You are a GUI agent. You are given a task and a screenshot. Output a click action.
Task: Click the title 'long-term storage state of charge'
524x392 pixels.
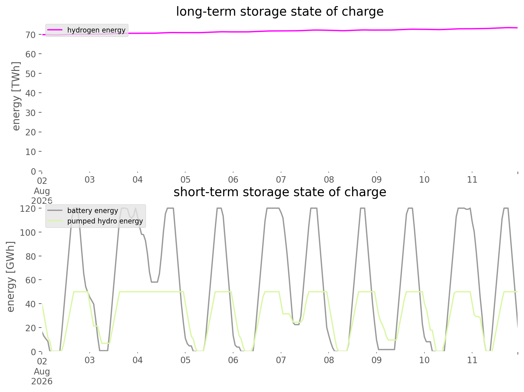click(x=280, y=12)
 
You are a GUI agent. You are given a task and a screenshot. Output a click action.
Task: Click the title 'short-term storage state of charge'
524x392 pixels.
click(x=280, y=192)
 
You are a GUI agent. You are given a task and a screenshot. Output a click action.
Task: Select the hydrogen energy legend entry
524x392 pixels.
click(x=87, y=30)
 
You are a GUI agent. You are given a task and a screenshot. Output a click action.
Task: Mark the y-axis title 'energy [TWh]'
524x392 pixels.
click(x=16, y=96)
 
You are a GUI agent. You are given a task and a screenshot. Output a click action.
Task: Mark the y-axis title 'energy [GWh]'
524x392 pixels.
click(x=10, y=277)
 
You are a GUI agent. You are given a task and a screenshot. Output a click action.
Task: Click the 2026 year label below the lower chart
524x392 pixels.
click(x=42, y=381)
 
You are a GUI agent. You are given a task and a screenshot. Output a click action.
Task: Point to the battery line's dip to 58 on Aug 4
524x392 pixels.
click(x=154, y=282)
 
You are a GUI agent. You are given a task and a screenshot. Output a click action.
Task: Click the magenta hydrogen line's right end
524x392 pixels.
click(x=518, y=28)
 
